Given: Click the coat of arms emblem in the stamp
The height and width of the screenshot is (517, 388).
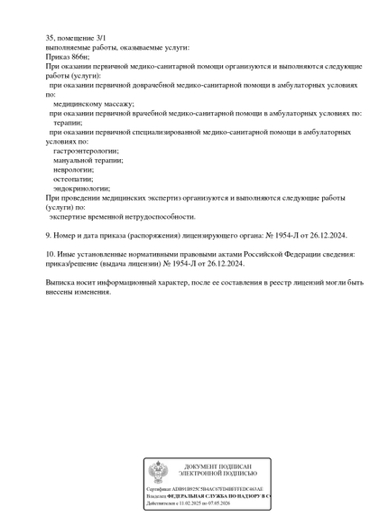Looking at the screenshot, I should (158, 471).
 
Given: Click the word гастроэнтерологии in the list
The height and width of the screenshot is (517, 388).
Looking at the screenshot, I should (86, 151).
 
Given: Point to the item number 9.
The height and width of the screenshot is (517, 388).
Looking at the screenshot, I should (49, 235).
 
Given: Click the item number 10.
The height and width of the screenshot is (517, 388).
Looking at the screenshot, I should (51, 254).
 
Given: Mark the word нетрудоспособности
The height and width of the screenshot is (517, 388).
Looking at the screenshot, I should (157, 216).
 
